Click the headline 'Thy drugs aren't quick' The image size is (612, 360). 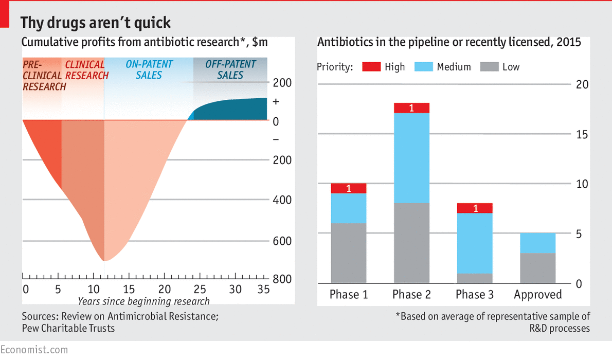pyautogui.click(x=95, y=23)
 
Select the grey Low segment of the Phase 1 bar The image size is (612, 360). pyautogui.click(x=349, y=253)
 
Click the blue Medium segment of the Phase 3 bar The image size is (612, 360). pyautogui.click(x=475, y=243)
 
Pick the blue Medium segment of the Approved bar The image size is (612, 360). pyautogui.click(x=538, y=243)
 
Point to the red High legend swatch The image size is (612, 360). pyautogui.click(x=371, y=67)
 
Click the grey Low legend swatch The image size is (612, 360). pyautogui.click(x=489, y=67)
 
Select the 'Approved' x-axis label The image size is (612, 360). pyautogui.click(x=538, y=295)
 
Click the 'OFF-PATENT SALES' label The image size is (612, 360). pyautogui.click(x=230, y=70)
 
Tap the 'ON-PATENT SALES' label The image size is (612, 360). pyautogui.click(x=149, y=70)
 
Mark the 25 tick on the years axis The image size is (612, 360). pyautogui.click(x=201, y=289)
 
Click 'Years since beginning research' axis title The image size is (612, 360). pyautogui.click(x=143, y=301)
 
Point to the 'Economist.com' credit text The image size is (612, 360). pyautogui.click(x=34, y=350)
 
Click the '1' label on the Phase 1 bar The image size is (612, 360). pyautogui.click(x=349, y=189)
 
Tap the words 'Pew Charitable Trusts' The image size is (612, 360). pyautogui.click(x=68, y=328)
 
